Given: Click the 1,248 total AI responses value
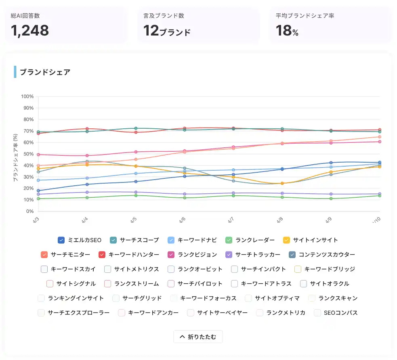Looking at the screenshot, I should [x=30, y=30].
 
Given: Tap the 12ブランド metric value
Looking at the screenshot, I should [x=167, y=31].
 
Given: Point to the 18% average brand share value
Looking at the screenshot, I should [x=287, y=31].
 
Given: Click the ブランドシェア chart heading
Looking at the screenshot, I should [x=45, y=72].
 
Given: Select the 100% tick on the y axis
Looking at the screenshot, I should [x=27, y=96].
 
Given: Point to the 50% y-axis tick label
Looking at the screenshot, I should [x=28, y=154].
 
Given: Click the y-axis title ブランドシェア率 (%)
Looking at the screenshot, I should [x=15, y=157].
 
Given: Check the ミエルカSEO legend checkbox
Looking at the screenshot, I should [x=61, y=240].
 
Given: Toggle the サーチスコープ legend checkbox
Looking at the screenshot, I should [x=113, y=240].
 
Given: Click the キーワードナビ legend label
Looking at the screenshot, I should [x=197, y=240].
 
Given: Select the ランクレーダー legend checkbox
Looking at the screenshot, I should [x=229, y=240].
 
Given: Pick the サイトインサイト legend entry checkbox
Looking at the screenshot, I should [x=287, y=240].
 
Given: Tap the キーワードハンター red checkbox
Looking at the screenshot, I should [x=102, y=255].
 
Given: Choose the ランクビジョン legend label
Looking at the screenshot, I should [x=197, y=255].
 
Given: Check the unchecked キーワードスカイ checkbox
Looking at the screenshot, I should [x=44, y=269].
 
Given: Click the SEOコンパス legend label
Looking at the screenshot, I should [x=340, y=313].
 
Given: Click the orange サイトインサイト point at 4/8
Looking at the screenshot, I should [x=282, y=184].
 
